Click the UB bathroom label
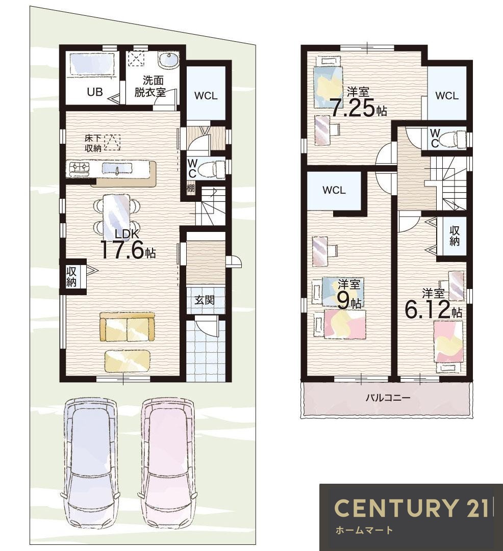coord(94,92)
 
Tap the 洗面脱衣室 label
coord(150,86)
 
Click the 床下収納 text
coord(93,143)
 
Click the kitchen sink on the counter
coord(117,169)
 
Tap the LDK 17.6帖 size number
coord(123,250)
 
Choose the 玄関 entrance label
coord(205,300)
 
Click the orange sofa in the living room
coord(127,326)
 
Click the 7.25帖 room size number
coord(353,109)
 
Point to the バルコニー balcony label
coord(388,398)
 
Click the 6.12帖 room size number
coord(427,309)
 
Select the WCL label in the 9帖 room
coord(334,190)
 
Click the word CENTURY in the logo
coord(393,508)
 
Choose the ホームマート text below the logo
coord(364,530)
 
